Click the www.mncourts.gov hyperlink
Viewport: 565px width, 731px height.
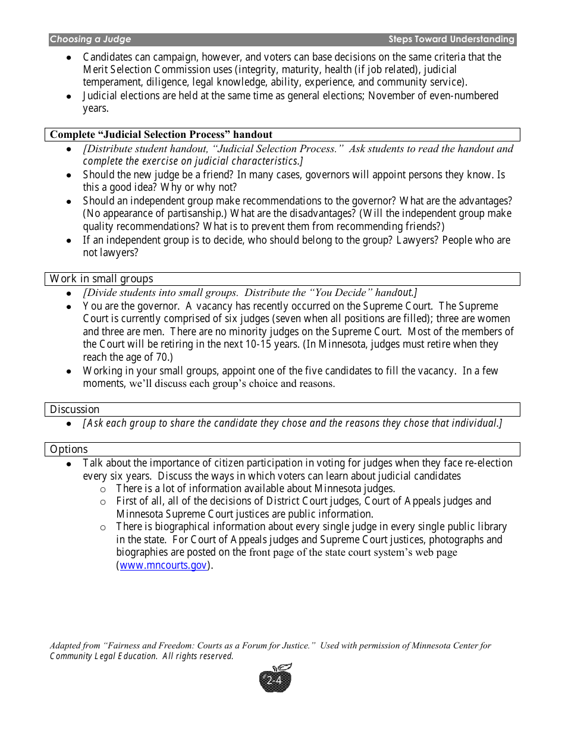164,565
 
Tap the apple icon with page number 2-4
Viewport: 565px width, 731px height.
275,679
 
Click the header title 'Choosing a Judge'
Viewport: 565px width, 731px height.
90,39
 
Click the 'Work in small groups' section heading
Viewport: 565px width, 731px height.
101,279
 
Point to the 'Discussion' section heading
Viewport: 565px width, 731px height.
74,409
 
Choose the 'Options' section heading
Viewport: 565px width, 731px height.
68,449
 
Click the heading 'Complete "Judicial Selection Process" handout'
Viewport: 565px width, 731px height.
161,134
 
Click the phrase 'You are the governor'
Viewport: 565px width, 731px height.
131,306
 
